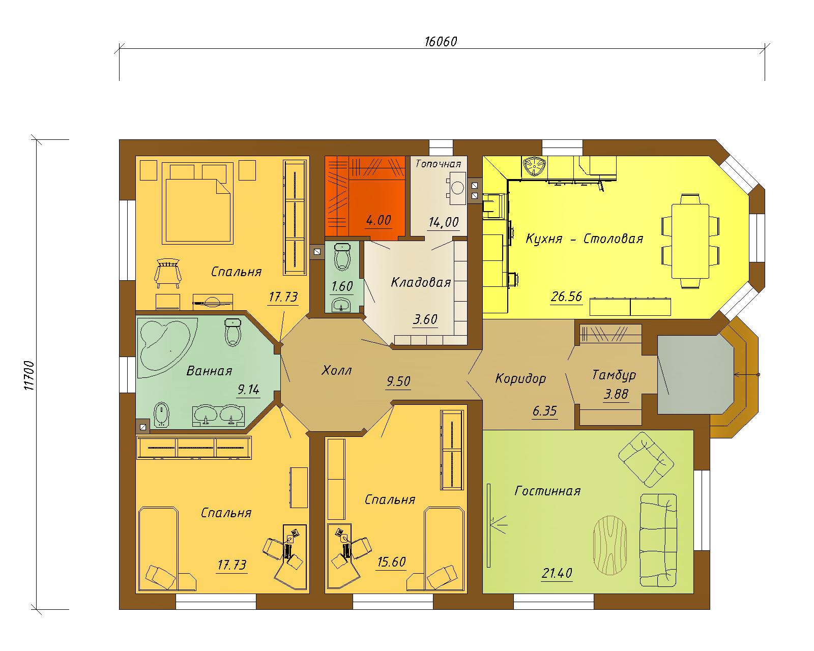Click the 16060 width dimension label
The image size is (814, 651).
441,41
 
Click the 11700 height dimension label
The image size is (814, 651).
29,376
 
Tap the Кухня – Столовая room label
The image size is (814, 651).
585,239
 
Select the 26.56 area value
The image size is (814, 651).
566,297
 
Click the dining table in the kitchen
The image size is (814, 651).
690,241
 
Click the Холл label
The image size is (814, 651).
336,370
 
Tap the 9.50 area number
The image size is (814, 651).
398,381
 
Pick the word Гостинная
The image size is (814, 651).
547,491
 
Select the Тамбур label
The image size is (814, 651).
614,375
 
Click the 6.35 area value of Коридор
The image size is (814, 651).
545,411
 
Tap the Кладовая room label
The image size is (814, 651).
421,283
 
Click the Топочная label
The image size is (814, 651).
438,164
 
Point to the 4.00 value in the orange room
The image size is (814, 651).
379,220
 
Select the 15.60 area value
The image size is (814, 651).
392,562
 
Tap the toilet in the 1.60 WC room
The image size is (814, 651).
343,256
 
